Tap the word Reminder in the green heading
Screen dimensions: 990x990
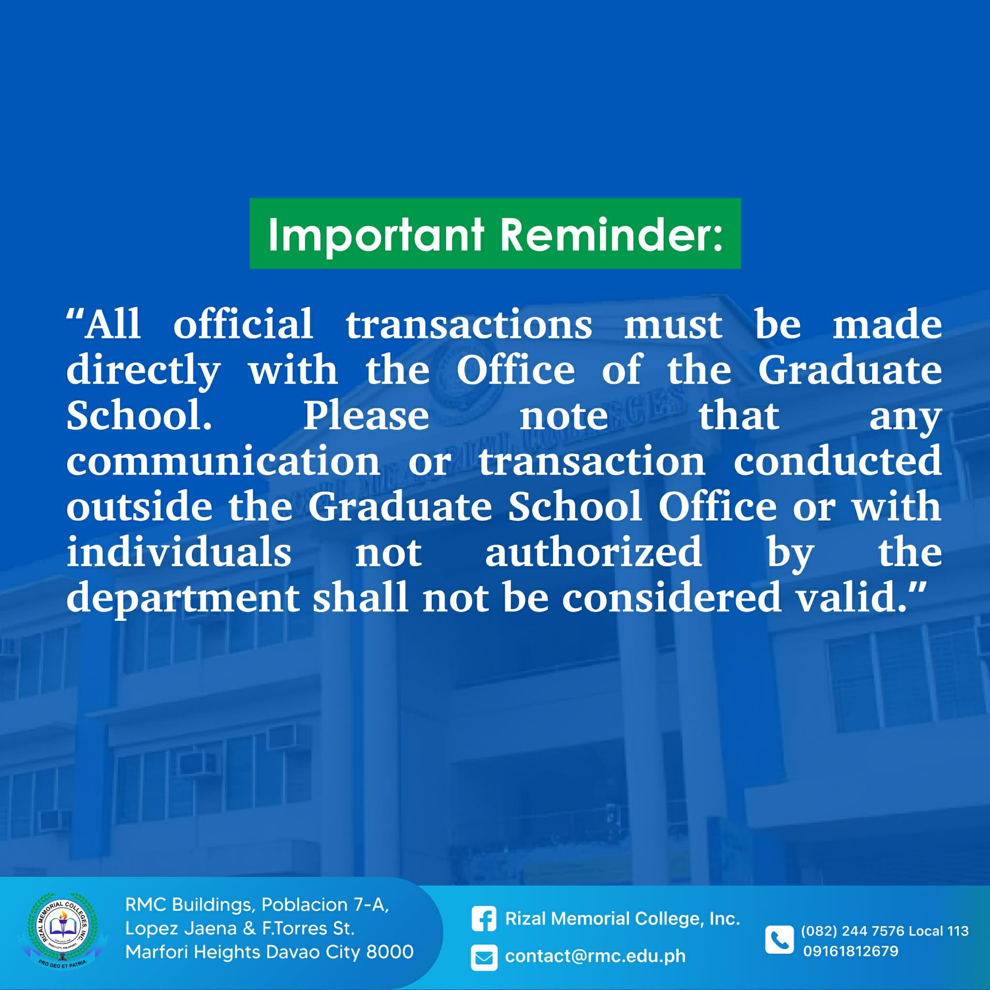click(611, 234)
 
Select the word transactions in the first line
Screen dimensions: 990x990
click(469, 325)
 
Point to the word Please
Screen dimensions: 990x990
click(366, 416)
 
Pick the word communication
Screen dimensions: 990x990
click(223, 461)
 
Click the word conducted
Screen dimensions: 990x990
click(838, 461)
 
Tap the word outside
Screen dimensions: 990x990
click(139, 506)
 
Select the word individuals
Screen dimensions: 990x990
click(179, 552)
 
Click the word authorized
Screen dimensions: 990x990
click(594, 552)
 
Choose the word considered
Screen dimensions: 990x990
click(671, 597)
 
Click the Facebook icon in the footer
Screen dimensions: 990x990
click(484, 919)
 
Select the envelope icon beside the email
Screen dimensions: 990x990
click(484, 958)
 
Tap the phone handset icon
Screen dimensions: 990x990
click(779, 940)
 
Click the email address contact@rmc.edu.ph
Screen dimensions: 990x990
click(595, 956)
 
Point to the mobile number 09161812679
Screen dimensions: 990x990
click(851, 951)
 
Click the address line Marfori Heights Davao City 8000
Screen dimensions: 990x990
click(269, 952)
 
